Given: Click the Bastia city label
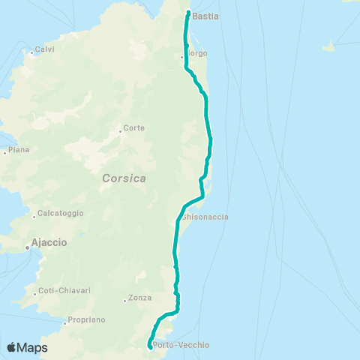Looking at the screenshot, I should tap(205, 15).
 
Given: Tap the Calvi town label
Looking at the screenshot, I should tap(44, 49).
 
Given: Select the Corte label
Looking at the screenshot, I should tap(134, 128).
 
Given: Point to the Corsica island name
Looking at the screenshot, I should tap(124, 178).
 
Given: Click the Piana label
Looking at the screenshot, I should tap(19, 150).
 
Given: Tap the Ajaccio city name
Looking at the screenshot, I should tap(49, 243).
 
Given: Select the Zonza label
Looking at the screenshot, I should tap(140, 298).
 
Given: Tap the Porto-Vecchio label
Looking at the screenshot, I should tap(181, 346).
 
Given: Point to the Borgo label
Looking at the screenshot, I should tap(196, 53).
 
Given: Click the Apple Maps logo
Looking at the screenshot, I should tap(27, 347).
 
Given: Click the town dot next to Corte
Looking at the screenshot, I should tap(120, 131).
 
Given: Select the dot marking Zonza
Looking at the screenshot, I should tap(125, 301).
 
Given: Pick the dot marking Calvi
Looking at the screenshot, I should tap(31, 52).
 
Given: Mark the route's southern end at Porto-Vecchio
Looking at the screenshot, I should tap(151, 346).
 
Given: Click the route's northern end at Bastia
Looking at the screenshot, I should tap(187, 12).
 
